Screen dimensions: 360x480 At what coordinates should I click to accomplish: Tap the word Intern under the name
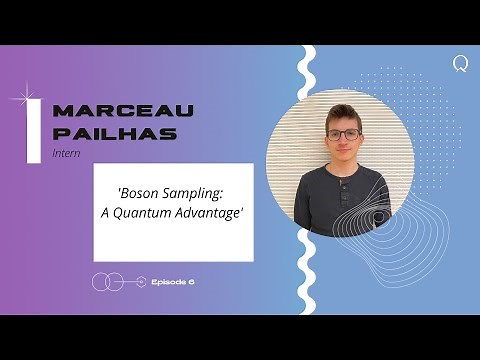pyautogui.click(x=65, y=154)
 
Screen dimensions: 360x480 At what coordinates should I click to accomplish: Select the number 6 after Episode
pyautogui.click(x=190, y=282)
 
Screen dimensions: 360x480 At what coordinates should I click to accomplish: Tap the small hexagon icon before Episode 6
pyautogui.click(x=142, y=282)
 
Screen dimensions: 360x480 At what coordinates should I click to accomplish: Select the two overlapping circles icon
pyautogui.click(x=105, y=282)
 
